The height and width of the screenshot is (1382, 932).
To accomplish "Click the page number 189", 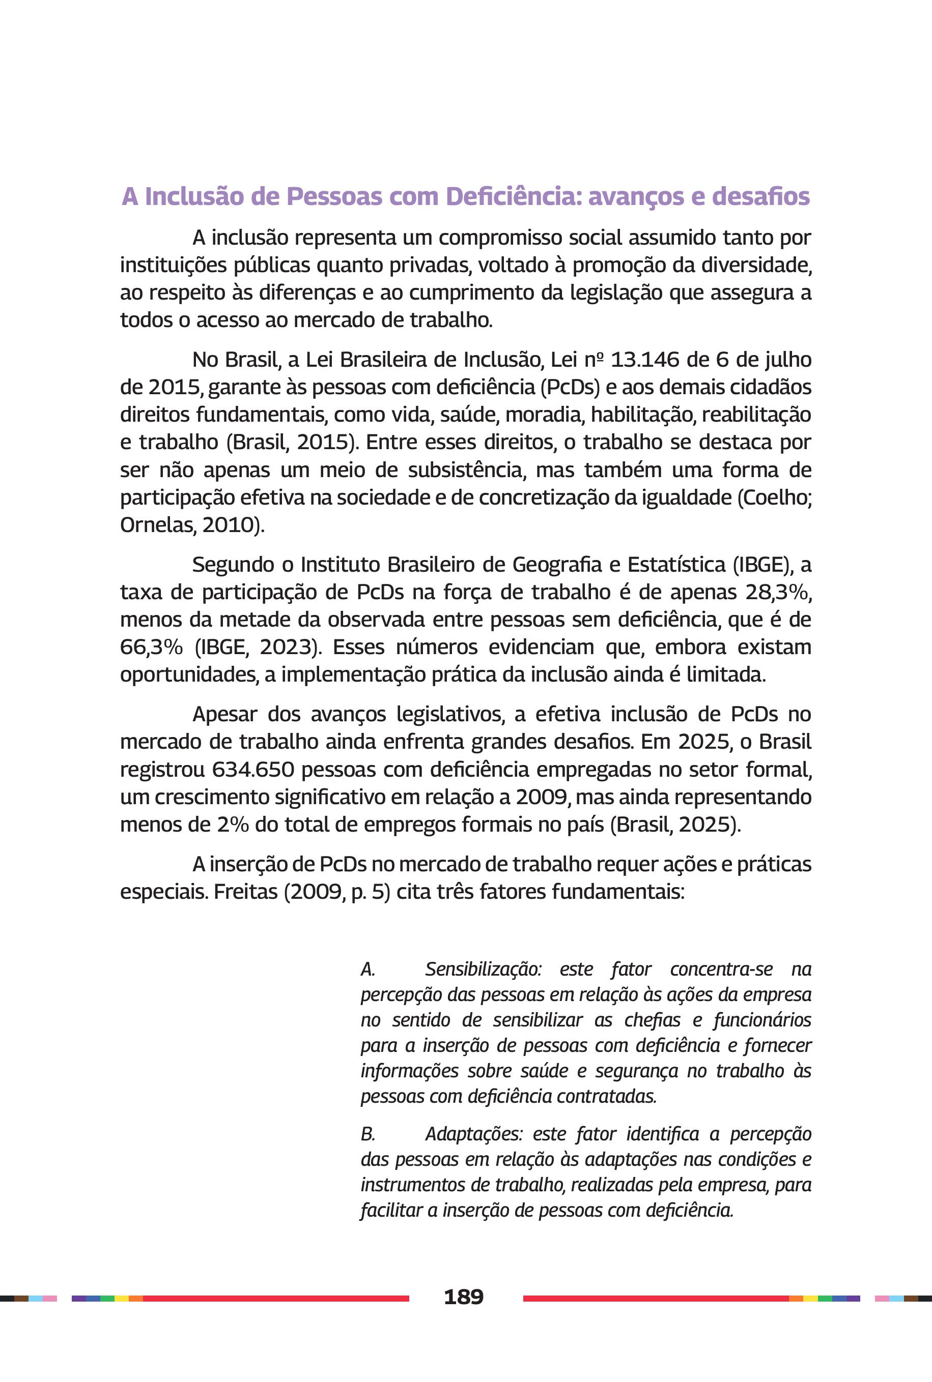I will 464,1296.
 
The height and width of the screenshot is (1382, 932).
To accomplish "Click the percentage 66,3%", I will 151,648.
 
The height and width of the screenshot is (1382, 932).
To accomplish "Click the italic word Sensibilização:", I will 483,969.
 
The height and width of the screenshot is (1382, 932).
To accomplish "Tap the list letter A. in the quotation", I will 368,969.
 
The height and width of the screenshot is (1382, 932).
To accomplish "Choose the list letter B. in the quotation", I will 368,1134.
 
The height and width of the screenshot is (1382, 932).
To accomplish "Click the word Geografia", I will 557,565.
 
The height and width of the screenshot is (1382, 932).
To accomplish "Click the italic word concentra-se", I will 721,969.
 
